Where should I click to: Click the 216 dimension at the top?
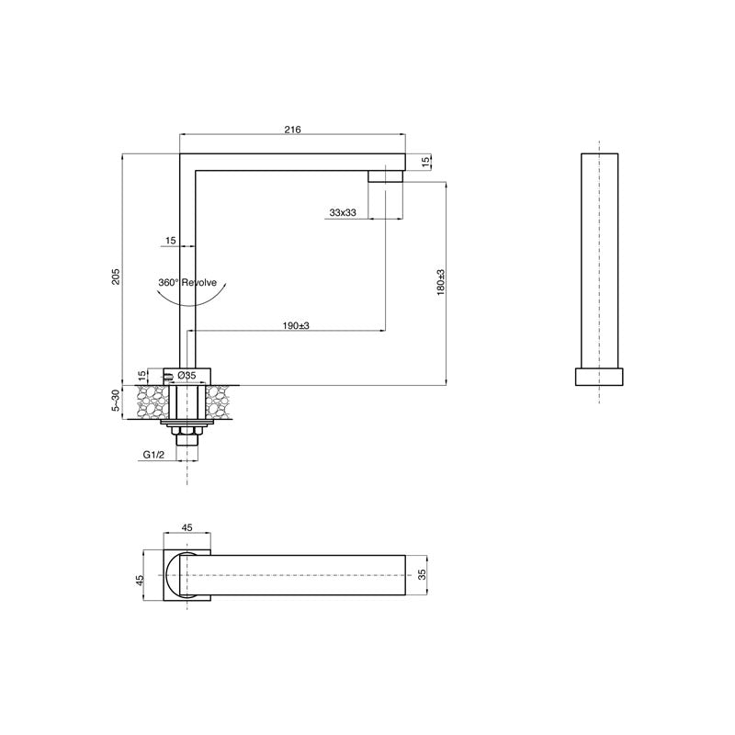(x=292, y=130)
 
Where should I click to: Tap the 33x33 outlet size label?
(x=343, y=212)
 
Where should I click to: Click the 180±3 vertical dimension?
(x=440, y=282)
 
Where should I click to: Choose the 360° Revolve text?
(x=187, y=283)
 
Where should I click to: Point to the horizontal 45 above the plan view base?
(x=187, y=527)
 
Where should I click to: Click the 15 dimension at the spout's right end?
(x=425, y=162)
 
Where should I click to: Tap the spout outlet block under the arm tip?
(x=386, y=176)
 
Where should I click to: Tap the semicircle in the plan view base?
(x=177, y=576)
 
